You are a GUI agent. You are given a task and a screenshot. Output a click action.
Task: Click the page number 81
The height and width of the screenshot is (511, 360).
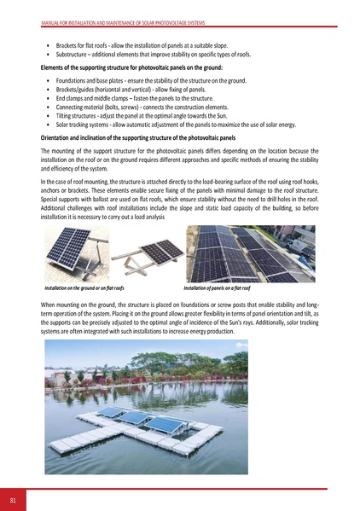click(13, 498)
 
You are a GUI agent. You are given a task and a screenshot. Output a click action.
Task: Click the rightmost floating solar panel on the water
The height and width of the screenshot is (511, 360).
click(167, 424)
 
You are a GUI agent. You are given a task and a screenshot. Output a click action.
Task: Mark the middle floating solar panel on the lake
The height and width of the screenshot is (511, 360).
click(136, 418)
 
